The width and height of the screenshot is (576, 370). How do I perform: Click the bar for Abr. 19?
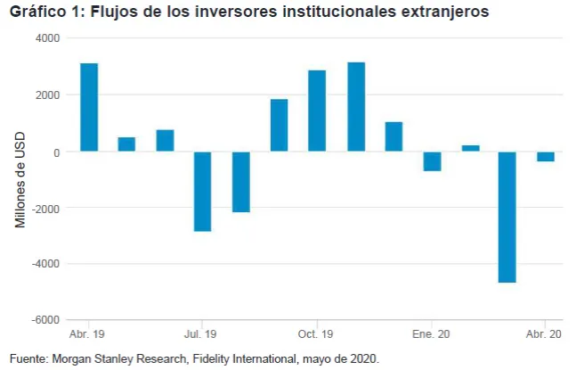pos(89,107)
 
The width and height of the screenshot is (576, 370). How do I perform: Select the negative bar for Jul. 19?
pos(203,191)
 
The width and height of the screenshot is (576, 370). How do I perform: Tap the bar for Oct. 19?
pos(317,111)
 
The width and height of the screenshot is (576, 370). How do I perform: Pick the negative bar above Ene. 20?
pos(432,160)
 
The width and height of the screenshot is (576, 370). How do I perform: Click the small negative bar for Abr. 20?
pos(546,156)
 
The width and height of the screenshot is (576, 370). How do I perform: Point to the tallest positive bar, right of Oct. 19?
pos(355,106)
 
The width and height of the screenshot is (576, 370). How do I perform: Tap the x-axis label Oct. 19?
pos(315,334)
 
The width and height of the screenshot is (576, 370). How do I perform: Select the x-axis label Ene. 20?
pos(431,334)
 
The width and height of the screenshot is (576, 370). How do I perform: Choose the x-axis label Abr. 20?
pos(544,334)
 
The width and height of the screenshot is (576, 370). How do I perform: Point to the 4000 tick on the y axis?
pos(47,39)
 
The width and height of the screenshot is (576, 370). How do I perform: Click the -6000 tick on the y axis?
pos(45,320)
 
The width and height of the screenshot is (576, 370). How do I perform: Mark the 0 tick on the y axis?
pos(55,152)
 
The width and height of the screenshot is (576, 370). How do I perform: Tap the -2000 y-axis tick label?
pos(45,208)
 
